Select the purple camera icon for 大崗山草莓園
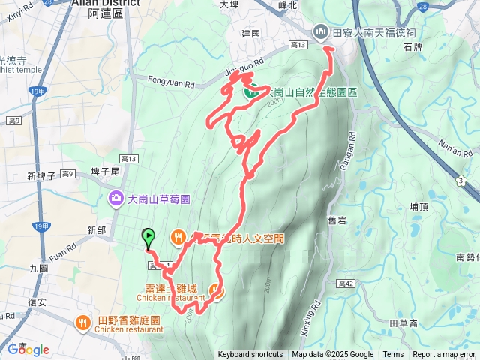116,199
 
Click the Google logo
28,349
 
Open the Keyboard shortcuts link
250,355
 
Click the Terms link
393,355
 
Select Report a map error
445,355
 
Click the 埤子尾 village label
105,171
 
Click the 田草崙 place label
403,322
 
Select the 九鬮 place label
38,267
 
